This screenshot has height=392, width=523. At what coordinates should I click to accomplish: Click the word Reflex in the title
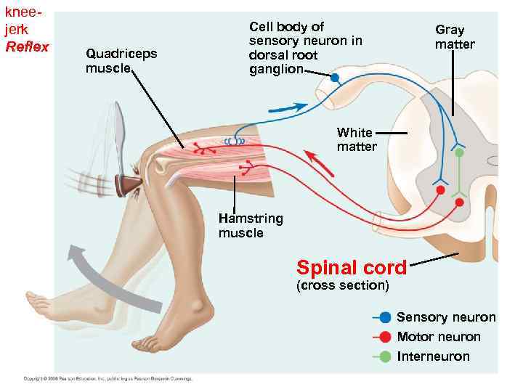click(x=27, y=47)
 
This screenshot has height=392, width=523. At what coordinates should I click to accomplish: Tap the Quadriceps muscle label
click(x=121, y=60)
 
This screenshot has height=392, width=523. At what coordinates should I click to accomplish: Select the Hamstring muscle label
click(x=251, y=226)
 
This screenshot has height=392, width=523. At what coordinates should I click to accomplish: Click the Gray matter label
click(x=455, y=37)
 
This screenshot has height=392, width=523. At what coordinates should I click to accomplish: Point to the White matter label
click(x=355, y=139)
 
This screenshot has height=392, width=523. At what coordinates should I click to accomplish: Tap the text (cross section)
click(x=342, y=285)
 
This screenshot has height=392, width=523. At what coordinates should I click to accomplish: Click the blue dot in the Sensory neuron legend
click(x=385, y=317)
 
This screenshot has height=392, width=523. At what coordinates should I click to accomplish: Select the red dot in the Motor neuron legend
click(x=385, y=337)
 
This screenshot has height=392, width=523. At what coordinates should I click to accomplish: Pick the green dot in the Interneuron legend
click(x=385, y=356)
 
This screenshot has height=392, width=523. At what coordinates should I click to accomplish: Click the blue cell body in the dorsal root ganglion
click(x=335, y=77)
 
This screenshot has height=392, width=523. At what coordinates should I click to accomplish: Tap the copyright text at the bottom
click(x=107, y=379)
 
